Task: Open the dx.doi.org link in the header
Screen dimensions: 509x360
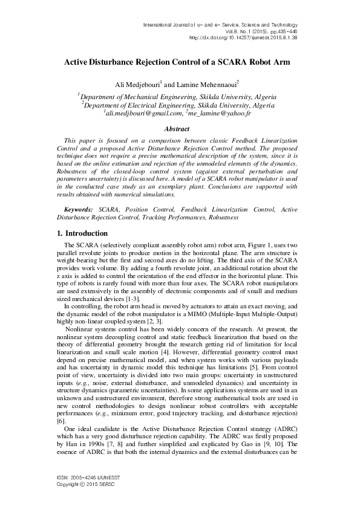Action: click(x=244, y=37)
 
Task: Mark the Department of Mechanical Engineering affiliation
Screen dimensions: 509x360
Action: click(x=178, y=97)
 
